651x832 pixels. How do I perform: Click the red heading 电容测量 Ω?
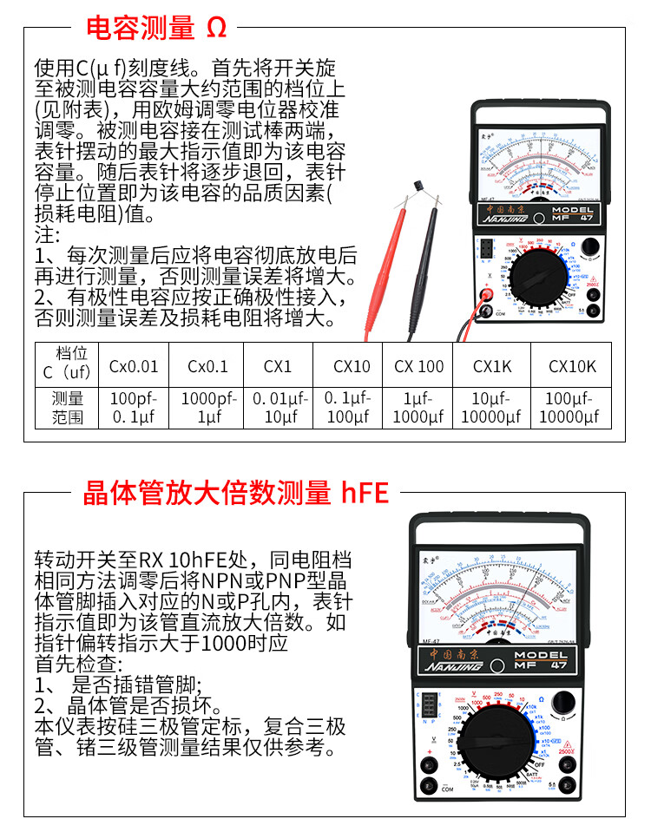point(156,28)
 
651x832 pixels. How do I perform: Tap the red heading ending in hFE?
point(235,494)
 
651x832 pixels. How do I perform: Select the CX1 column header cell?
point(278,366)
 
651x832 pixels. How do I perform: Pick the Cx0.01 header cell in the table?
point(134,366)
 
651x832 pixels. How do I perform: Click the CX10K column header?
point(572,366)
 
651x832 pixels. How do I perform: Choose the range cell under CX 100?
point(418,408)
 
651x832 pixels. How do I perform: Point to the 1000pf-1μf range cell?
point(207,408)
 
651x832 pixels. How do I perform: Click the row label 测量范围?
point(68,408)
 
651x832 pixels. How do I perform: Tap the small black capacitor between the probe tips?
point(420,187)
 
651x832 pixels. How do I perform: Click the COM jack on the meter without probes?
point(428,786)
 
